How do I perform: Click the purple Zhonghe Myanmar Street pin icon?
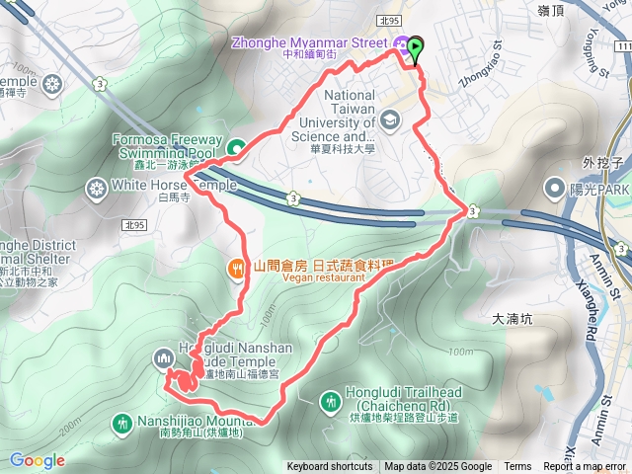pos(401,43)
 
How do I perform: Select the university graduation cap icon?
pos(391,120)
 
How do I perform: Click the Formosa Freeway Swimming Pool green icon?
pos(237,148)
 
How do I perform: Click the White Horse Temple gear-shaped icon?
pos(97,186)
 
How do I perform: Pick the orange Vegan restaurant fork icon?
pos(237,267)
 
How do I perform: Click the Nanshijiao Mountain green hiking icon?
pos(122,424)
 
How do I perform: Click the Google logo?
pos(37,460)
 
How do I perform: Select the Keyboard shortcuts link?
pos(330,467)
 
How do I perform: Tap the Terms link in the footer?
pos(517,467)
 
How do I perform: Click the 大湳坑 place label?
pos(512,319)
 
